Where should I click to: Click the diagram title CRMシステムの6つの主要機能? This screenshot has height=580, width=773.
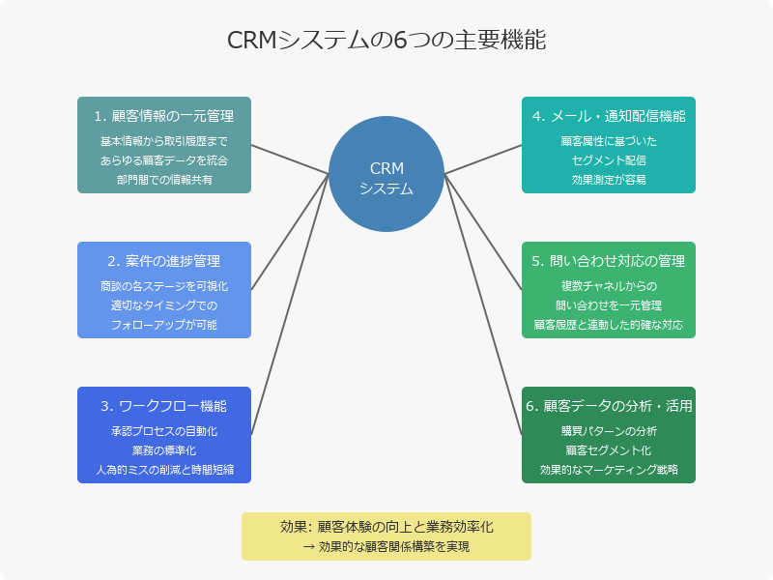[386, 41]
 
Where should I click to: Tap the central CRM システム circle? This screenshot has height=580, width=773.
[386, 174]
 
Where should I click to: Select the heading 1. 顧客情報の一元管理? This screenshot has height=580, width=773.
[164, 116]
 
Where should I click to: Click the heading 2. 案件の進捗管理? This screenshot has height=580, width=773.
[164, 261]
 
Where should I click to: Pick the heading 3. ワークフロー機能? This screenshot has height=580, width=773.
[164, 406]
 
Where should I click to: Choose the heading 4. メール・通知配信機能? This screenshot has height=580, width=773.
[609, 116]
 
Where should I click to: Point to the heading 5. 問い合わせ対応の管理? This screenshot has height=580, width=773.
[609, 261]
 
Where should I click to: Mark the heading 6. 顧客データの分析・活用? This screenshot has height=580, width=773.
[609, 406]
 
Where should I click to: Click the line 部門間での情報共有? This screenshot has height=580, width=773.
[164, 180]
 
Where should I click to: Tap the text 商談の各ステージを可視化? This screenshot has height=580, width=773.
[164, 286]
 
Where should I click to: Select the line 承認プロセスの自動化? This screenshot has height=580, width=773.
[164, 431]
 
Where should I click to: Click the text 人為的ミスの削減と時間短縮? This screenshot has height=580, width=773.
[164, 470]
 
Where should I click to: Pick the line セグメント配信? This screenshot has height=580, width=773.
[609, 160]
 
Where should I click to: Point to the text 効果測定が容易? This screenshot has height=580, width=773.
[609, 180]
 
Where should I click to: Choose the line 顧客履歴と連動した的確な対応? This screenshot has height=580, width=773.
[609, 325]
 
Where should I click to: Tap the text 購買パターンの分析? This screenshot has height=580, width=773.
[609, 431]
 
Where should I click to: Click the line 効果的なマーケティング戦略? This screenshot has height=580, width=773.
[609, 470]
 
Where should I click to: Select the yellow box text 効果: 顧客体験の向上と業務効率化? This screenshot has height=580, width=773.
[386, 527]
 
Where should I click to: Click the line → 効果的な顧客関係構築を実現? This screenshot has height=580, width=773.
[386, 547]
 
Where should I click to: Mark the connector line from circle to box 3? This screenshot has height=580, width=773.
[290, 304]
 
